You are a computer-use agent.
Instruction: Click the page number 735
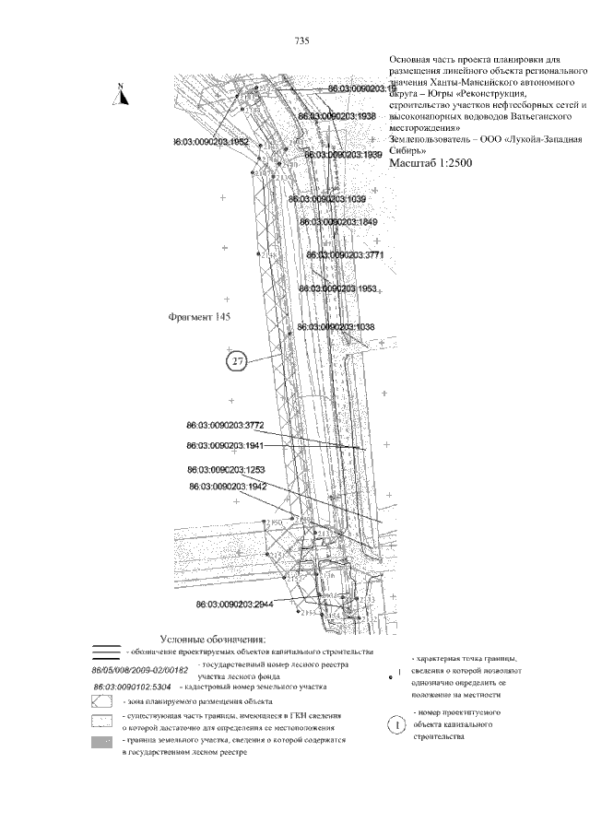[x=301, y=41]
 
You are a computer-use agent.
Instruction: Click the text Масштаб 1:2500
[x=431, y=163]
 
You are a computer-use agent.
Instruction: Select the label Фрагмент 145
[x=198, y=317]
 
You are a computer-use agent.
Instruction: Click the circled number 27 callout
[x=237, y=361]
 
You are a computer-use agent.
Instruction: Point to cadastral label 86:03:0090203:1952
[x=211, y=143]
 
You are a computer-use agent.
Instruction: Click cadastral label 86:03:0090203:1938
[x=336, y=118]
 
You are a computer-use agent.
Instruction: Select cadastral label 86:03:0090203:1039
[x=326, y=199]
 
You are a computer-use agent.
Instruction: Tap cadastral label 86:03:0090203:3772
[x=225, y=425]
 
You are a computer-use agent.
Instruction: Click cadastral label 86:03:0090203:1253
[x=226, y=469]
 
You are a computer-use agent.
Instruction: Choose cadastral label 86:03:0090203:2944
[x=235, y=605]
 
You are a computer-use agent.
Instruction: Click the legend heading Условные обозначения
[x=213, y=639]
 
